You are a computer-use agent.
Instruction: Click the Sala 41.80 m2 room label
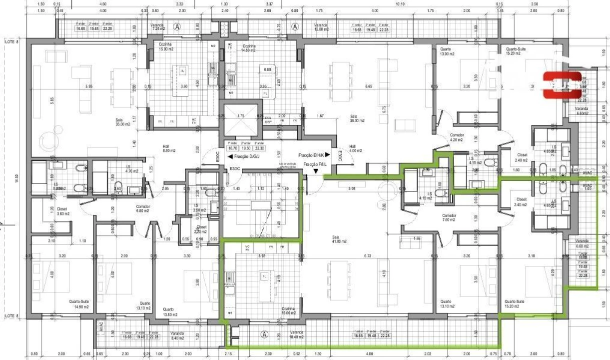339,239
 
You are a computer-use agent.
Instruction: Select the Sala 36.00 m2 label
357,118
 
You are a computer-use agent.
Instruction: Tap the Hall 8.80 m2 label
166,148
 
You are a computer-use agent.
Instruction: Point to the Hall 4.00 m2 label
356,148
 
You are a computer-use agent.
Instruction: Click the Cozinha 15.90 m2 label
166,46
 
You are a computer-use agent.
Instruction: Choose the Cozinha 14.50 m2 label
248,46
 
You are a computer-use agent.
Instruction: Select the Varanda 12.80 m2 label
321,27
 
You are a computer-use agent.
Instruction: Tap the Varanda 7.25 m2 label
158,27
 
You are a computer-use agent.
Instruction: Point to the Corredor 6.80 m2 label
144,208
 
